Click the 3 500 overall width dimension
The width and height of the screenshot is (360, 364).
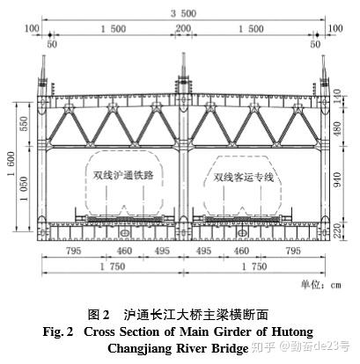184,13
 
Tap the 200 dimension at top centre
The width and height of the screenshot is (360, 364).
183,28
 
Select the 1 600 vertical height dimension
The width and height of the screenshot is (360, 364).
11,164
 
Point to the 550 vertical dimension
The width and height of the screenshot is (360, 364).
24,124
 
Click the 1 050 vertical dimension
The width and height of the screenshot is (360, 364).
24,189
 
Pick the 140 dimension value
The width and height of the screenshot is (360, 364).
337,97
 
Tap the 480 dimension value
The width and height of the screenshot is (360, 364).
337,129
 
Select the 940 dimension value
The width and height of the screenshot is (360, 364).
337,179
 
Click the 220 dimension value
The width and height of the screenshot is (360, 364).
337,230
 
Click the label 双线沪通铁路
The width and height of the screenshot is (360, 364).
123,175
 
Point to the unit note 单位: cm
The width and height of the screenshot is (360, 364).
320,285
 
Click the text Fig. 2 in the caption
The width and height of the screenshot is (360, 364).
58,331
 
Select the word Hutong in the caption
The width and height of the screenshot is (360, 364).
292,332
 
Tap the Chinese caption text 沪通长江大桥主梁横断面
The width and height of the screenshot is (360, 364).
196,315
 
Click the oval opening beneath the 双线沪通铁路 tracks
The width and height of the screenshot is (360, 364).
124,233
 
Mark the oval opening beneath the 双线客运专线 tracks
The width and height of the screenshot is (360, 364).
242,233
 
